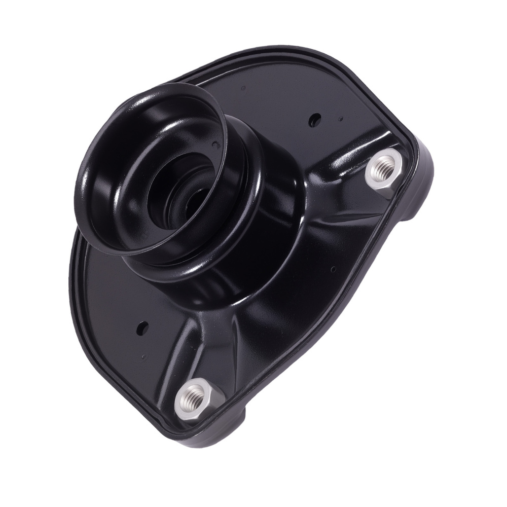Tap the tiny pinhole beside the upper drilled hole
[341, 119]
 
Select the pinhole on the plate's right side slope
[333, 270]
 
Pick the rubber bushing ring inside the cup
[175, 203]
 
